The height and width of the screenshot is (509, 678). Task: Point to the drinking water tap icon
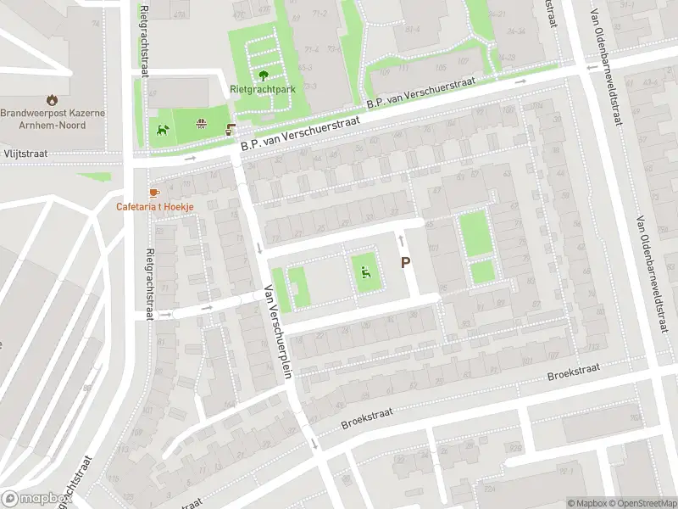click(x=231, y=130)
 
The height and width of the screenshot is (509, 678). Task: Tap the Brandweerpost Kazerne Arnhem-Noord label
click(x=54, y=119)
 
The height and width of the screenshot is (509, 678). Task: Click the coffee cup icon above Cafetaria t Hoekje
click(x=153, y=193)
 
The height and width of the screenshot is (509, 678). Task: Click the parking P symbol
click(x=405, y=263)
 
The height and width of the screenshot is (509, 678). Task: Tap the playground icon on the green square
click(x=365, y=272)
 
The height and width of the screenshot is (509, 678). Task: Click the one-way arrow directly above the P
click(x=402, y=243)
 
